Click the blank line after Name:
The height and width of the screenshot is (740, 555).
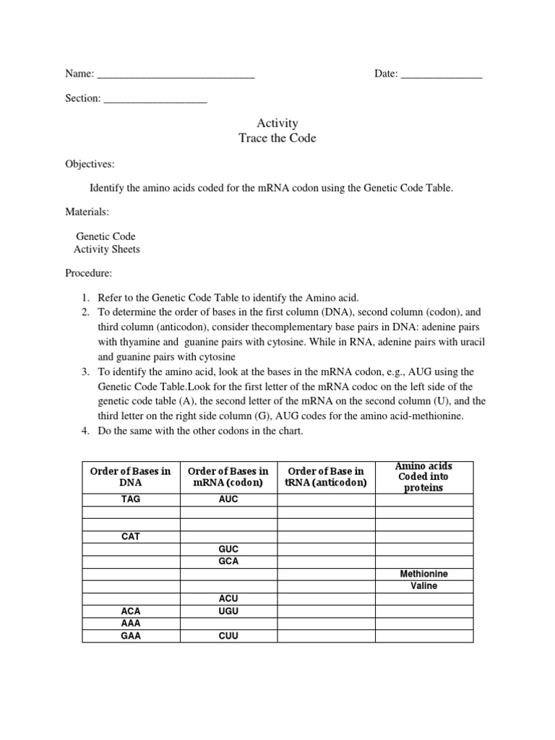click(x=175, y=74)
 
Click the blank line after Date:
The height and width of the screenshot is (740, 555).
click(x=441, y=74)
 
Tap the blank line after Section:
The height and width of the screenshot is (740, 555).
click(x=155, y=99)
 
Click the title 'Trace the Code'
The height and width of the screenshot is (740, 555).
click(x=277, y=138)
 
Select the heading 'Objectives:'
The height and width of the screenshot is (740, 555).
click(x=90, y=164)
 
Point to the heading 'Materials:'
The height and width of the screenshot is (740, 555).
click(x=87, y=212)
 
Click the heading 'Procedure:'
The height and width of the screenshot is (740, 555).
click(x=89, y=274)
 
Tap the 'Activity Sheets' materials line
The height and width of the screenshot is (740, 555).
click(x=107, y=249)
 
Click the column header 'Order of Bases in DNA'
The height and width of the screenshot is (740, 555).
click(x=131, y=477)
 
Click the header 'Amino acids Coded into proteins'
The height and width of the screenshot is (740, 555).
click(x=423, y=477)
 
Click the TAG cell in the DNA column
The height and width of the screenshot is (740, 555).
click(x=131, y=499)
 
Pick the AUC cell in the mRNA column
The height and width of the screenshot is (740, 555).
click(x=228, y=499)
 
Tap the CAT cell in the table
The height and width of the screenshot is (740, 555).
click(x=131, y=537)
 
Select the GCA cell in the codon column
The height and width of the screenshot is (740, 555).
click(x=228, y=562)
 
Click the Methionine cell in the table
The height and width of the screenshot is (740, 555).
click(x=423, y=574)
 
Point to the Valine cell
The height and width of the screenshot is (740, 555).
click(x=423, y=586)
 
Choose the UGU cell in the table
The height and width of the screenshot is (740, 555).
click(x=228, y=611)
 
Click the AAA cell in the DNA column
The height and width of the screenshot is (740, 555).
click(x=131, y=624)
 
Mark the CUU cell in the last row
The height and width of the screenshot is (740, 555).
click(x=228, y=636)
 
